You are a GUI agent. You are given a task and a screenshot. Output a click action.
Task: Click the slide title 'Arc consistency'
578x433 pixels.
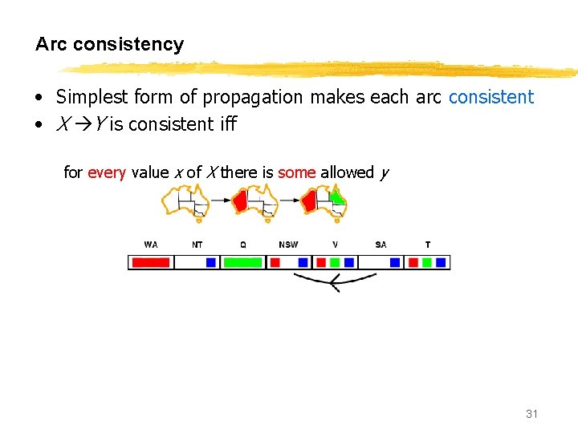click(x=109, y=45)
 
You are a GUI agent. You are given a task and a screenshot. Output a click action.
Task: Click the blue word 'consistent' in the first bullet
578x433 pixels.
click(x=490, y=98)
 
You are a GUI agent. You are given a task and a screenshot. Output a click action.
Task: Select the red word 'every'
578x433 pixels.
click(x=106, y=172)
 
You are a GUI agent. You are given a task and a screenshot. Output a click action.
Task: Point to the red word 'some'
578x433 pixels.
click(x=296, y=172)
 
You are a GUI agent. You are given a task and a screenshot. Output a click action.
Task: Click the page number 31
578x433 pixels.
click(x=531, y=414)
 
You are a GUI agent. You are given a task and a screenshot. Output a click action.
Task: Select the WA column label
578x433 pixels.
click(x=151, y=245)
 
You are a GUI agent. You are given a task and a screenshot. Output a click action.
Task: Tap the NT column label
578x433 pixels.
click(x=197, y=245)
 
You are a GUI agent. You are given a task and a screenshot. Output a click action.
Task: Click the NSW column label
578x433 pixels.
click(x=288, y=245)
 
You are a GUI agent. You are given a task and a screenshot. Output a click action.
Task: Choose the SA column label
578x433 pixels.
click(x=381, y=245)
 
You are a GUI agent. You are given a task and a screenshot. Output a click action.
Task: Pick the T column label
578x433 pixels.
click(x=427, y=245)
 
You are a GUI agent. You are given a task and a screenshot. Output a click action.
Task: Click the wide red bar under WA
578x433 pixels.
click(x=151, y=262)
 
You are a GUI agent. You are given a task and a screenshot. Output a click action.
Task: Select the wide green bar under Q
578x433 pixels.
click(x=242, y=262)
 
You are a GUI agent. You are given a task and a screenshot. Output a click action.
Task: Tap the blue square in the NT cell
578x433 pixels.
click(x=211, y=262)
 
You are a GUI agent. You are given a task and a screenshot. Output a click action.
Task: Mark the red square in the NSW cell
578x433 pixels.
click(x=275, y=262)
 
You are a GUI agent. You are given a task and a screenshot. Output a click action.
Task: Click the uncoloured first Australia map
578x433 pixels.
click(x=185, y=200)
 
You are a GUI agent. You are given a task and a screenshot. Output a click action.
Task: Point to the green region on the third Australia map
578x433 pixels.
click(x=339, y=196)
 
